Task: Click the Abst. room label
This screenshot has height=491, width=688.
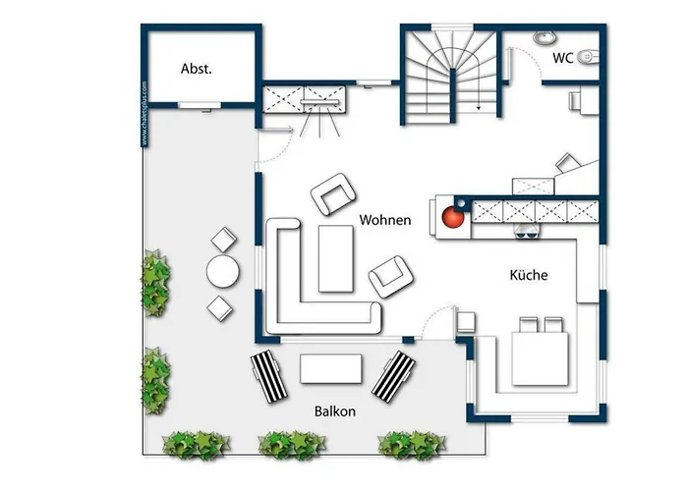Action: (x=197, y=69)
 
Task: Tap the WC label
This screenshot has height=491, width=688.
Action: (x=562, y=58)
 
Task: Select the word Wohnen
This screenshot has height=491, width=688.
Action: (x=385, y=220)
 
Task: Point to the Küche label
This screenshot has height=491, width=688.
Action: (x=529, y=275)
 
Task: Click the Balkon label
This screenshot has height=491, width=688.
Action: (x=335, y=411)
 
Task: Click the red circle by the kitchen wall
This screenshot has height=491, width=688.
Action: (x=453, y=217)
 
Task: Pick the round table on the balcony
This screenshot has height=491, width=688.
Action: (x=223, y=272)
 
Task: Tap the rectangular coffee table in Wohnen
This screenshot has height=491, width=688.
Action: (x=336, y=258)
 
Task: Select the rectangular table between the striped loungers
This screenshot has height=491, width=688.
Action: (x=331, y=368)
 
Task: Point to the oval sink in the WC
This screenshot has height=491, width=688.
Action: (x=545, y=37)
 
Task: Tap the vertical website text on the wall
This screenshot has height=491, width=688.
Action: (x=144, y=114)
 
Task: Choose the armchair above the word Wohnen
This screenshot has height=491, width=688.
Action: (x=332, y=194)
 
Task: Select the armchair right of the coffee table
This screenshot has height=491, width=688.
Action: (x=391, y=277)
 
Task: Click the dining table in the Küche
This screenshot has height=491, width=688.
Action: (x=541, y=359)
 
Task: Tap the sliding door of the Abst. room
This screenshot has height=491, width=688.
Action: (x=200, y=105)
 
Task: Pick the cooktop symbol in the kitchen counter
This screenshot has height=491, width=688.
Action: (x=528, y=231)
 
